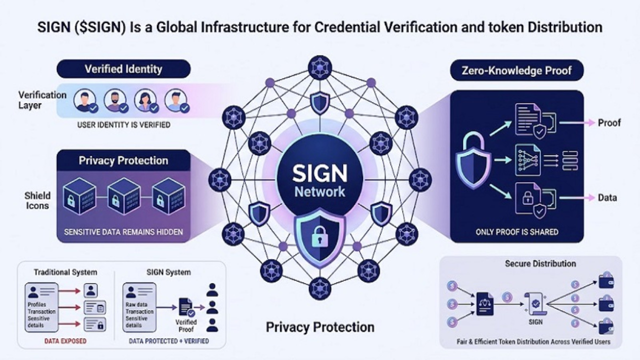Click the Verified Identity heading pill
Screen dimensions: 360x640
pyautogui.click(x=123, y=69)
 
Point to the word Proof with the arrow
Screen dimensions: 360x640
pyautogui.click(x=609, y=122)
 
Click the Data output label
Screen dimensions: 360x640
pyautogui.click(x=607, y=198)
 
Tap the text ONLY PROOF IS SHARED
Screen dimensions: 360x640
pyautogui.click(x=517, y=232)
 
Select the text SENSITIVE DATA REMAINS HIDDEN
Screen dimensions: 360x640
pyautogui.click(x=123, y=232)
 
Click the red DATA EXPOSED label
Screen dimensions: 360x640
pyautogui.click(x=65, y=341)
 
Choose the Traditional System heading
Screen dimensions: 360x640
pyautogui.click(x=65, y=272)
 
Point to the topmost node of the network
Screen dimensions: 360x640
pyautogui.click(x=319, y=66)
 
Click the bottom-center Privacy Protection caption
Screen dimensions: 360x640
pyautogui.click(x=320, y=327)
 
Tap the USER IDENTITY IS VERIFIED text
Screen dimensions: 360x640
pyautogui.click(x=123, y=124)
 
